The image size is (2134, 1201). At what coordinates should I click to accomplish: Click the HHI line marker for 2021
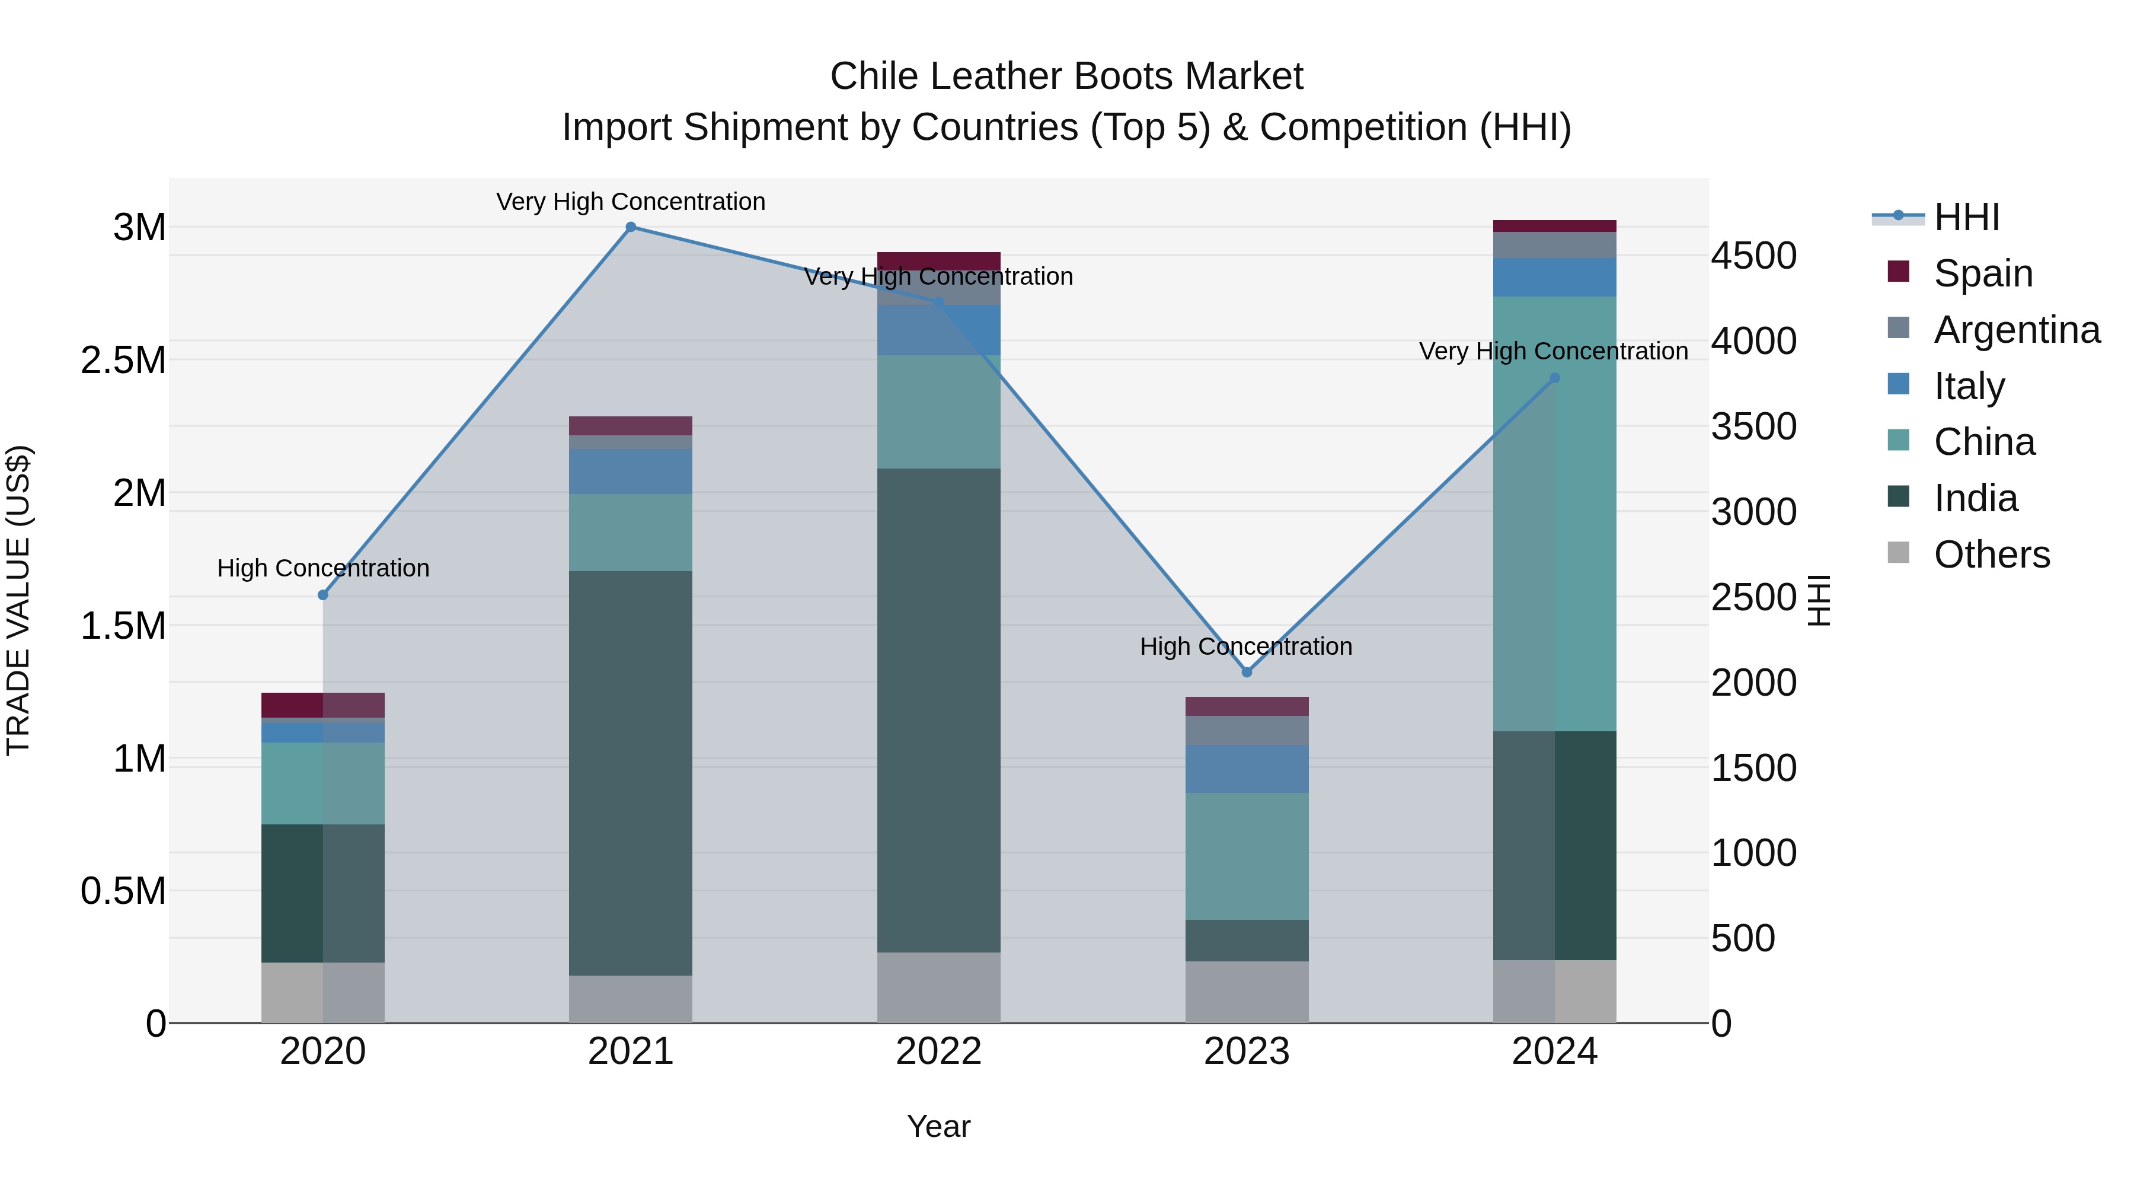pos(631,227)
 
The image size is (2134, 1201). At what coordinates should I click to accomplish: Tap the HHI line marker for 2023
pos(1247,672)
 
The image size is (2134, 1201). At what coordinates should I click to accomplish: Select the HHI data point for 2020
pos(323,595)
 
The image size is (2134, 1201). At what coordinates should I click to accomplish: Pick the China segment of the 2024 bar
pos(1554,514)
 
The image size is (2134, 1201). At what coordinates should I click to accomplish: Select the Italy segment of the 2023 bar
pos(1247,768)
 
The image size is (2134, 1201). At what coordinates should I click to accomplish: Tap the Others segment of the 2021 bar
pos(631,999)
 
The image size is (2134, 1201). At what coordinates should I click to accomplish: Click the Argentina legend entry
pos(2017,329)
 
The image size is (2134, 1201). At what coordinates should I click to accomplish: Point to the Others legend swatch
pos(1898,553)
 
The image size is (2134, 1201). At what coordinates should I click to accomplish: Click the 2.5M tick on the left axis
pos(123,361)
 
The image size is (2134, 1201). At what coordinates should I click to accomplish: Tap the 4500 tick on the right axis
pos(1754,256)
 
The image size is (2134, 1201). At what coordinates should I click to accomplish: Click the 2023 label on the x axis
pos(1247,1052)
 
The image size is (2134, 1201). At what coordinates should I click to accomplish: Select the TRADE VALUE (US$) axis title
pos(18,600)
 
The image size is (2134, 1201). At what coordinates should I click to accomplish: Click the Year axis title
pos(938,1126)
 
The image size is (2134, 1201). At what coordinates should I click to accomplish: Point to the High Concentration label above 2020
pos(323,569)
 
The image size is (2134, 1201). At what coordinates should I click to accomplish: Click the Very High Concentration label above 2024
pos(1553,352)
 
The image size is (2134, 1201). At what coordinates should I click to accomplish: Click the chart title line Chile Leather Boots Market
pos(1066,77)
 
